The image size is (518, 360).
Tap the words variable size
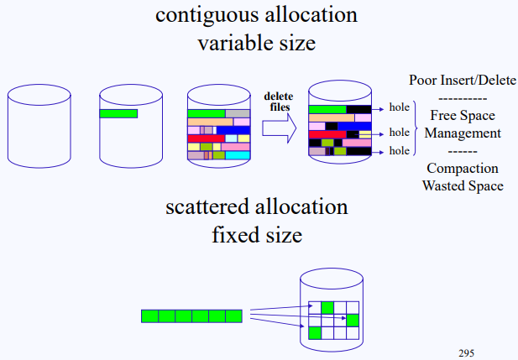(x=256, y=43)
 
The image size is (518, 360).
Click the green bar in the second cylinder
(x=118, y=113)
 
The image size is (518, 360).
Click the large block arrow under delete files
(x=280, y=128)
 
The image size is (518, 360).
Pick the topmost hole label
(x=399, y=108)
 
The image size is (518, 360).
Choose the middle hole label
(x=399, y=133)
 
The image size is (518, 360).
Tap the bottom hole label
(x=399, y=151)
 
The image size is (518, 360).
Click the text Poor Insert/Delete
(x=463, y=81)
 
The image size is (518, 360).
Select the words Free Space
(x=463, y=115)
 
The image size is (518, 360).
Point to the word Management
(x=463, y=133)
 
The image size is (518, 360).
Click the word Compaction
(x=463, y=168)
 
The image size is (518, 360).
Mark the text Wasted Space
(x=463, y=185)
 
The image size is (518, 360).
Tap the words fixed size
(x=256, y=234)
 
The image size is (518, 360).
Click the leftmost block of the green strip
(x=149, y=316)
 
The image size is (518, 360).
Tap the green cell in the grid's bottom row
(x=315, y=332)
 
